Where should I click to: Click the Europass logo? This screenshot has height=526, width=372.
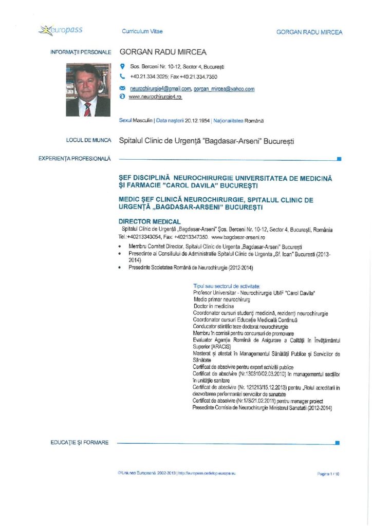pos(61,31)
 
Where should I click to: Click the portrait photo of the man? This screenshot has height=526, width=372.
pos(87,90)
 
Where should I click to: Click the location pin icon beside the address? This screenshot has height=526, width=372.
pos(122,67)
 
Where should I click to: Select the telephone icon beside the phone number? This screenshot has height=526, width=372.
pos(122,76)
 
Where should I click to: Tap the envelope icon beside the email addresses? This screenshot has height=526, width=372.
pos(122,88)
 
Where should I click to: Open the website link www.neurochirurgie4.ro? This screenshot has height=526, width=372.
pos(155,97)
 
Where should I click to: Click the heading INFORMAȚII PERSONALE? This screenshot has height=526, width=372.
pos(80,52)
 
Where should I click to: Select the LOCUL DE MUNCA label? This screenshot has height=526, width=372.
pos(89,140)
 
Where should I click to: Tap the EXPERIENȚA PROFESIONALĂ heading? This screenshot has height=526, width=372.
pos(75,159)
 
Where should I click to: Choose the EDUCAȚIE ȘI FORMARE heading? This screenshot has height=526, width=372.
pos(80,442)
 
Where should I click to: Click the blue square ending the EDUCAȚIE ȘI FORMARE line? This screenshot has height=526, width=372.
pos(337,442)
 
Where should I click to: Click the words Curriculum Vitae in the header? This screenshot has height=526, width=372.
pos(142,32)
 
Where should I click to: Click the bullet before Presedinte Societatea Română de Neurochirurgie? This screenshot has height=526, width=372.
pos(120,268)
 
